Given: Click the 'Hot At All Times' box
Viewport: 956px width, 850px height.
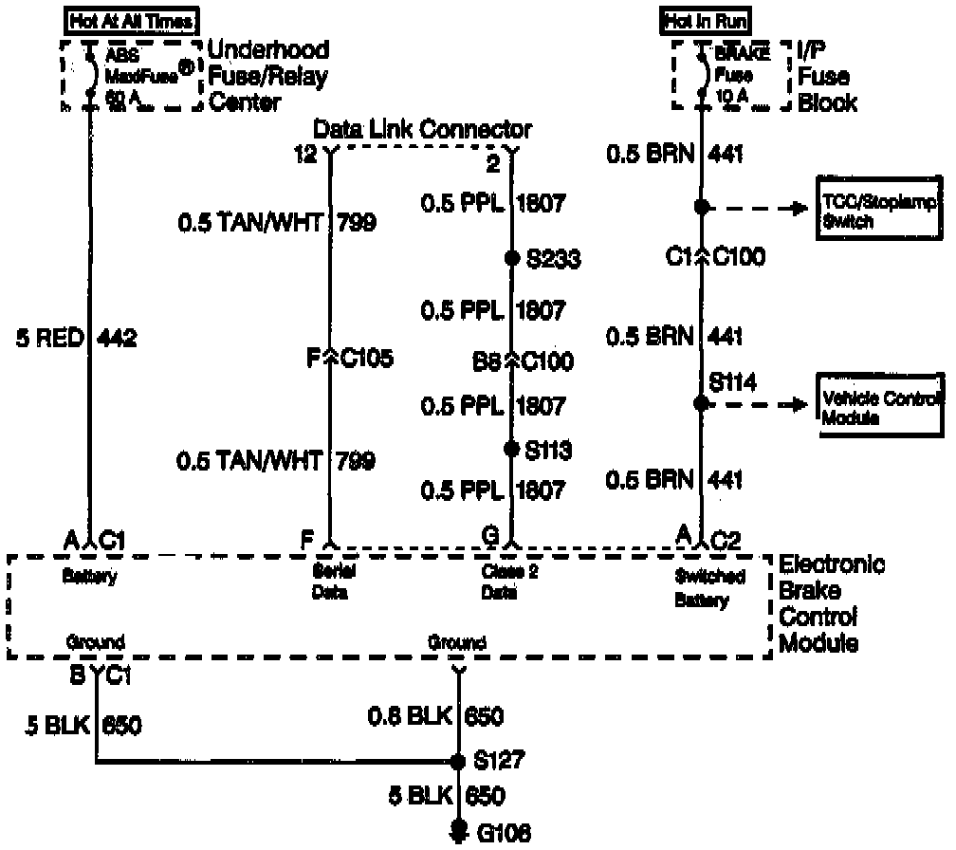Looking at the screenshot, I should (x=130, y=20).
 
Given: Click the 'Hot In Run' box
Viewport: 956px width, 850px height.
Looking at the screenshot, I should (x=705, y=20).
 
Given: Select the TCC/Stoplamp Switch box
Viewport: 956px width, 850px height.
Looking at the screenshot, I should (x=879, y=208).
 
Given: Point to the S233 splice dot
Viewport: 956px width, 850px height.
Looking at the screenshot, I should (x=512, y=258).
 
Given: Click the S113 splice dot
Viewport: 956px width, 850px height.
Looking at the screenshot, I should (x=512, y=448).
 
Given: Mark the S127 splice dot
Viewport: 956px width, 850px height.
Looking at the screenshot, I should (x=459, y=761).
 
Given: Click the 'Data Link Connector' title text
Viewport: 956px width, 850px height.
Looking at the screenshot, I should (x=423, y=128).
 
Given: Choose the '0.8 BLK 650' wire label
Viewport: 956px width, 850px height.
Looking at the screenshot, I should (x=435, y=715).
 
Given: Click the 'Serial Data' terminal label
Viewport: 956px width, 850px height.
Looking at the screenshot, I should (x=330, y=584).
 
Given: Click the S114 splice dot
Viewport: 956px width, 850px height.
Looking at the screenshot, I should (x=702, y=404).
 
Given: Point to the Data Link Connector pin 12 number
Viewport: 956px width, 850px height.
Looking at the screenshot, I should (x=305, y=155).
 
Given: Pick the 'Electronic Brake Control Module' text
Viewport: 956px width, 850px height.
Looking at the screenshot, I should (x=832, y=603).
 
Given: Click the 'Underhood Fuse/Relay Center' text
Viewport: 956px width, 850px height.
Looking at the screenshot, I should (x=268, y=76).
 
